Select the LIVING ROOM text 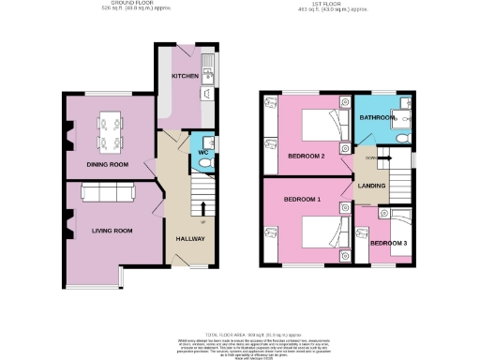111,230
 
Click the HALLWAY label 190,238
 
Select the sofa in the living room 108,192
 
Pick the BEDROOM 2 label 306,155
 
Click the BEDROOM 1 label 304,201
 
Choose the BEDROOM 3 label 389,244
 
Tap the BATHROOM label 379,118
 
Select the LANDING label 373,186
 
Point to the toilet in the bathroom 402,136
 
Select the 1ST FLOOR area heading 325,5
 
